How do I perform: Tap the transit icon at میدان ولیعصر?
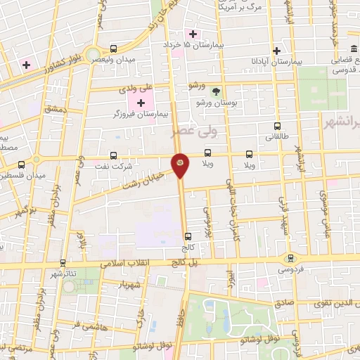(x=113, y=49)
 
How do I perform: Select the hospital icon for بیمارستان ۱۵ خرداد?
(x=193, y=34)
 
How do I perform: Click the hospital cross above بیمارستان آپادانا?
(x=276, y=51)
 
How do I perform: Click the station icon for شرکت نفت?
(x=113, y=156)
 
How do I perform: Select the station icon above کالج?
(x=186, y=237)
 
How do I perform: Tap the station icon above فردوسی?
(x=290, y=258)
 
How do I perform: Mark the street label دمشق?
(x=54, y=110)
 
